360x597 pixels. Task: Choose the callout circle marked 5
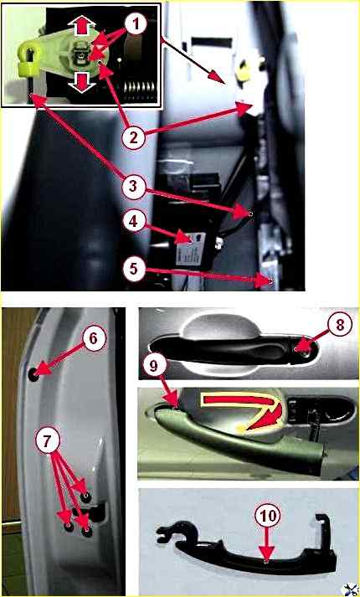pyautogui.click(x=134, y=269)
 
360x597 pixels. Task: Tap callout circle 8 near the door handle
pyautogui.click(x=340, y=325)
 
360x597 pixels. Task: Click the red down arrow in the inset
pyautogui.click(x=81, y=82)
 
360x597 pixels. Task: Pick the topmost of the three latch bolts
pyautogui.click(x=86, y=497)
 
